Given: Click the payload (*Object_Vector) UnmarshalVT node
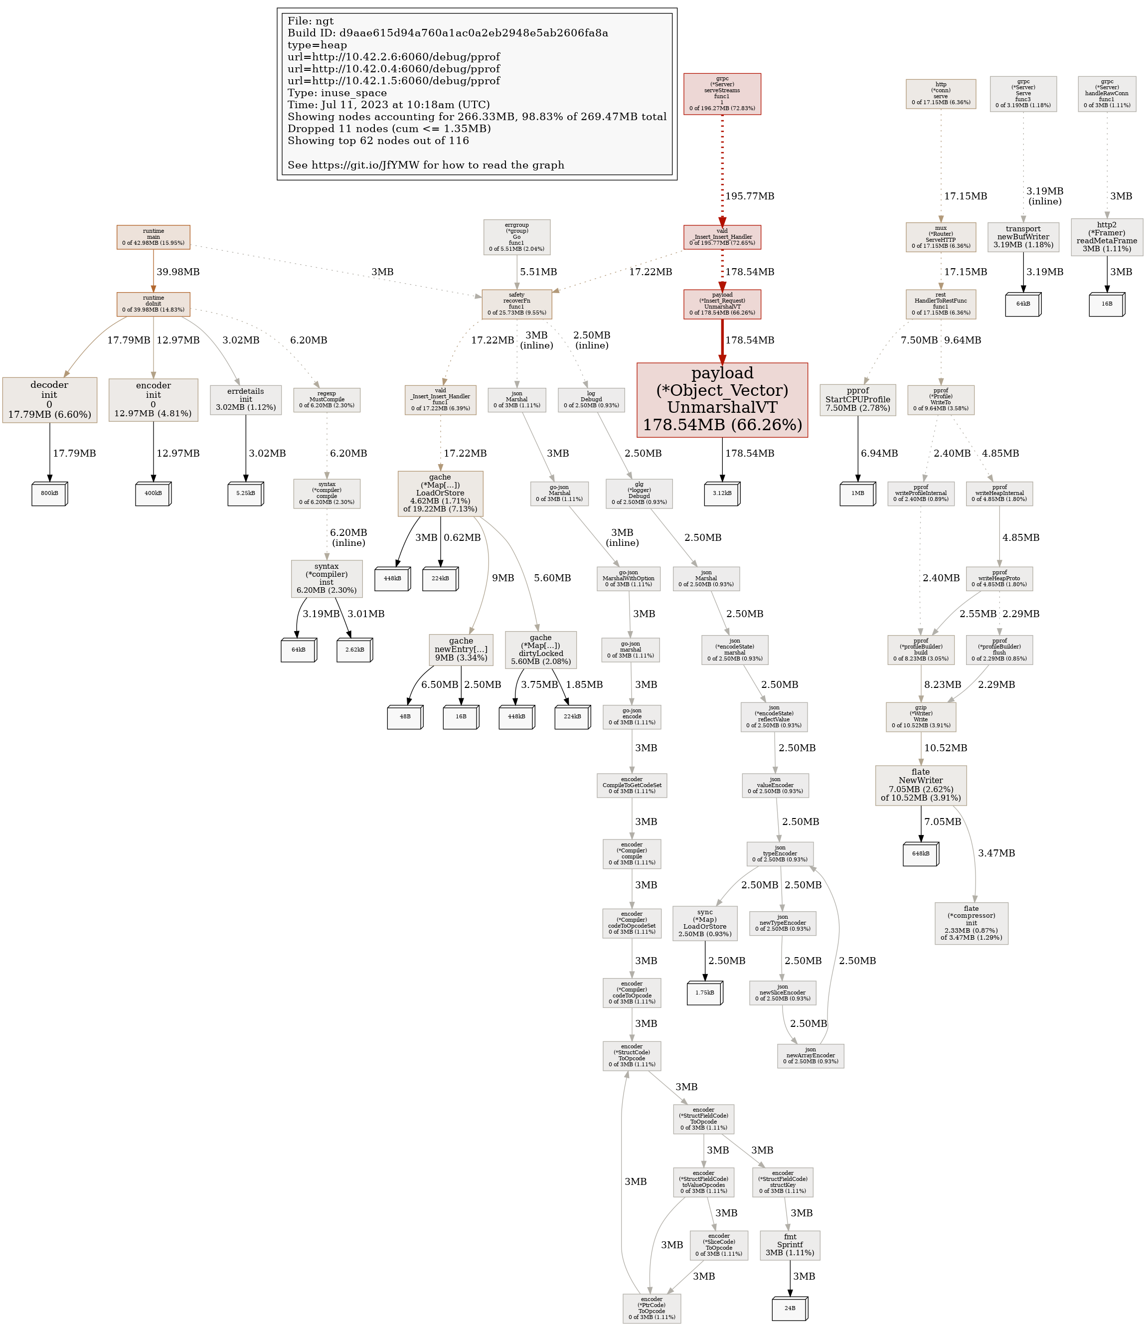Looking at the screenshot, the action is point(722,399).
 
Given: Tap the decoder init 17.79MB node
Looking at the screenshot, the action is point(49,399).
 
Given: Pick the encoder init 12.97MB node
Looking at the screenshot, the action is point(153,399).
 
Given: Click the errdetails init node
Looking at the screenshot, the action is point(246,399).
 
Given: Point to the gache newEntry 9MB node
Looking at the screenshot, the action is point(461,649).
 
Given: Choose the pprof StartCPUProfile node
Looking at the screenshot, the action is point(857,399).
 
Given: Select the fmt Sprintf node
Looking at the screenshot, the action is point(790,1245).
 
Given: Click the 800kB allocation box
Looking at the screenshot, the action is point(49,494).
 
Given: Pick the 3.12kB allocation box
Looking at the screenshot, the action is point(722,494).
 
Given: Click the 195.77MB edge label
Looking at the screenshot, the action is point(749,196).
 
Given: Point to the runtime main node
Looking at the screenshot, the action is point(153,237).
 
